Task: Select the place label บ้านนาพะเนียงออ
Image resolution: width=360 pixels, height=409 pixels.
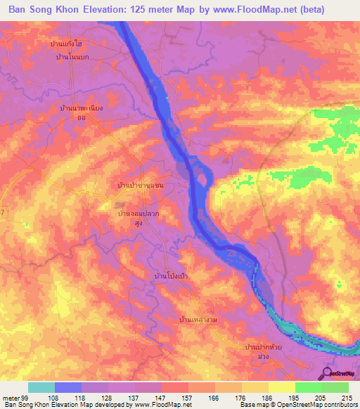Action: pyautogui.click(x=82, y=113)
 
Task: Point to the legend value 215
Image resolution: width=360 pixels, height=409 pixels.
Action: pyautogui.click(x=345, y=398)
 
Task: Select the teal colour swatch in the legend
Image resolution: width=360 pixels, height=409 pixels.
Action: pyautogui.click(x=41, y=387)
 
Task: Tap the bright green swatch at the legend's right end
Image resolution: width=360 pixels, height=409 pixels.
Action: pyautogui.click(x=335, y=387)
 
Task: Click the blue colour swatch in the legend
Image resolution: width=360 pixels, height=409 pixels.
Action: pyautogui.click(x=68, y=387)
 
